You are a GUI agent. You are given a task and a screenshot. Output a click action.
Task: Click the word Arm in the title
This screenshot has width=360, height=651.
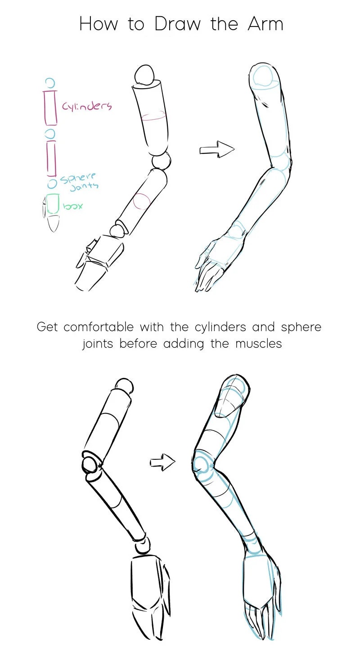pyautogui.click(x=265, y=24)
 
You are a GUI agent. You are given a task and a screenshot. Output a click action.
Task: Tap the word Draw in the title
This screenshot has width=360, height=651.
pyautogui.click(x=177, y=24)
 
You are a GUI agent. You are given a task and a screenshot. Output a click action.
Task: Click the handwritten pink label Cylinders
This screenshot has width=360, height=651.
pyautogui.click(x=87, y=106)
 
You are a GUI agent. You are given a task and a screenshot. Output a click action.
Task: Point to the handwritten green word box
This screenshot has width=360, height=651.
pyautogui.click(x=73, y=206)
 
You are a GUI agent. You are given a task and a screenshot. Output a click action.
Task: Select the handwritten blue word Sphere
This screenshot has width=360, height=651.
pyautogui.click(x=78, y=177)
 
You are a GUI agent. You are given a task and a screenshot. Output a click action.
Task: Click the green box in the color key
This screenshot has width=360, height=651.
pyautogui.click(x=52, y=204)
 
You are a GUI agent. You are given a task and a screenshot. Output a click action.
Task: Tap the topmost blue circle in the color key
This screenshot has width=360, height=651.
pyautogui.click(x=50, y=82)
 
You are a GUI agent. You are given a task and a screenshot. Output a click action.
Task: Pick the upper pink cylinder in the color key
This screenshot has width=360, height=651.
pyautogui.click(x=50, y=108)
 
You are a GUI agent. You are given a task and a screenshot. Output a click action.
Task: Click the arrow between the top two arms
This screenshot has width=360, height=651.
pyautogui.click(x=217, y=149)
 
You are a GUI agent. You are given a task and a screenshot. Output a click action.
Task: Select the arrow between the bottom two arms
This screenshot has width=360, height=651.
pyautogui.click(x=162, y=462)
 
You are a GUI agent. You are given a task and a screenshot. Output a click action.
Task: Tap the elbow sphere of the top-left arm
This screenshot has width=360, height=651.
pyautogui.click(x=161, y=162)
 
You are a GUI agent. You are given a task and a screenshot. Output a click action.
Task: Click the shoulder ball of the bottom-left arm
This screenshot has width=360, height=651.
pyautogui.click(x=125, y=386)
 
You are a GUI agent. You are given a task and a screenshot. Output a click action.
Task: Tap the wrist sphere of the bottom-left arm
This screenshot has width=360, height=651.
pyautogui.click(x=143, y=545)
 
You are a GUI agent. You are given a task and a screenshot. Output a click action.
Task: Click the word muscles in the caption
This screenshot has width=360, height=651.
pyautogui.click(x=258, y=344)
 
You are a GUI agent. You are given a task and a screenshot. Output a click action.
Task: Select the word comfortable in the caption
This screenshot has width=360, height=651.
pyautogui.click(x=99, y=327)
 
